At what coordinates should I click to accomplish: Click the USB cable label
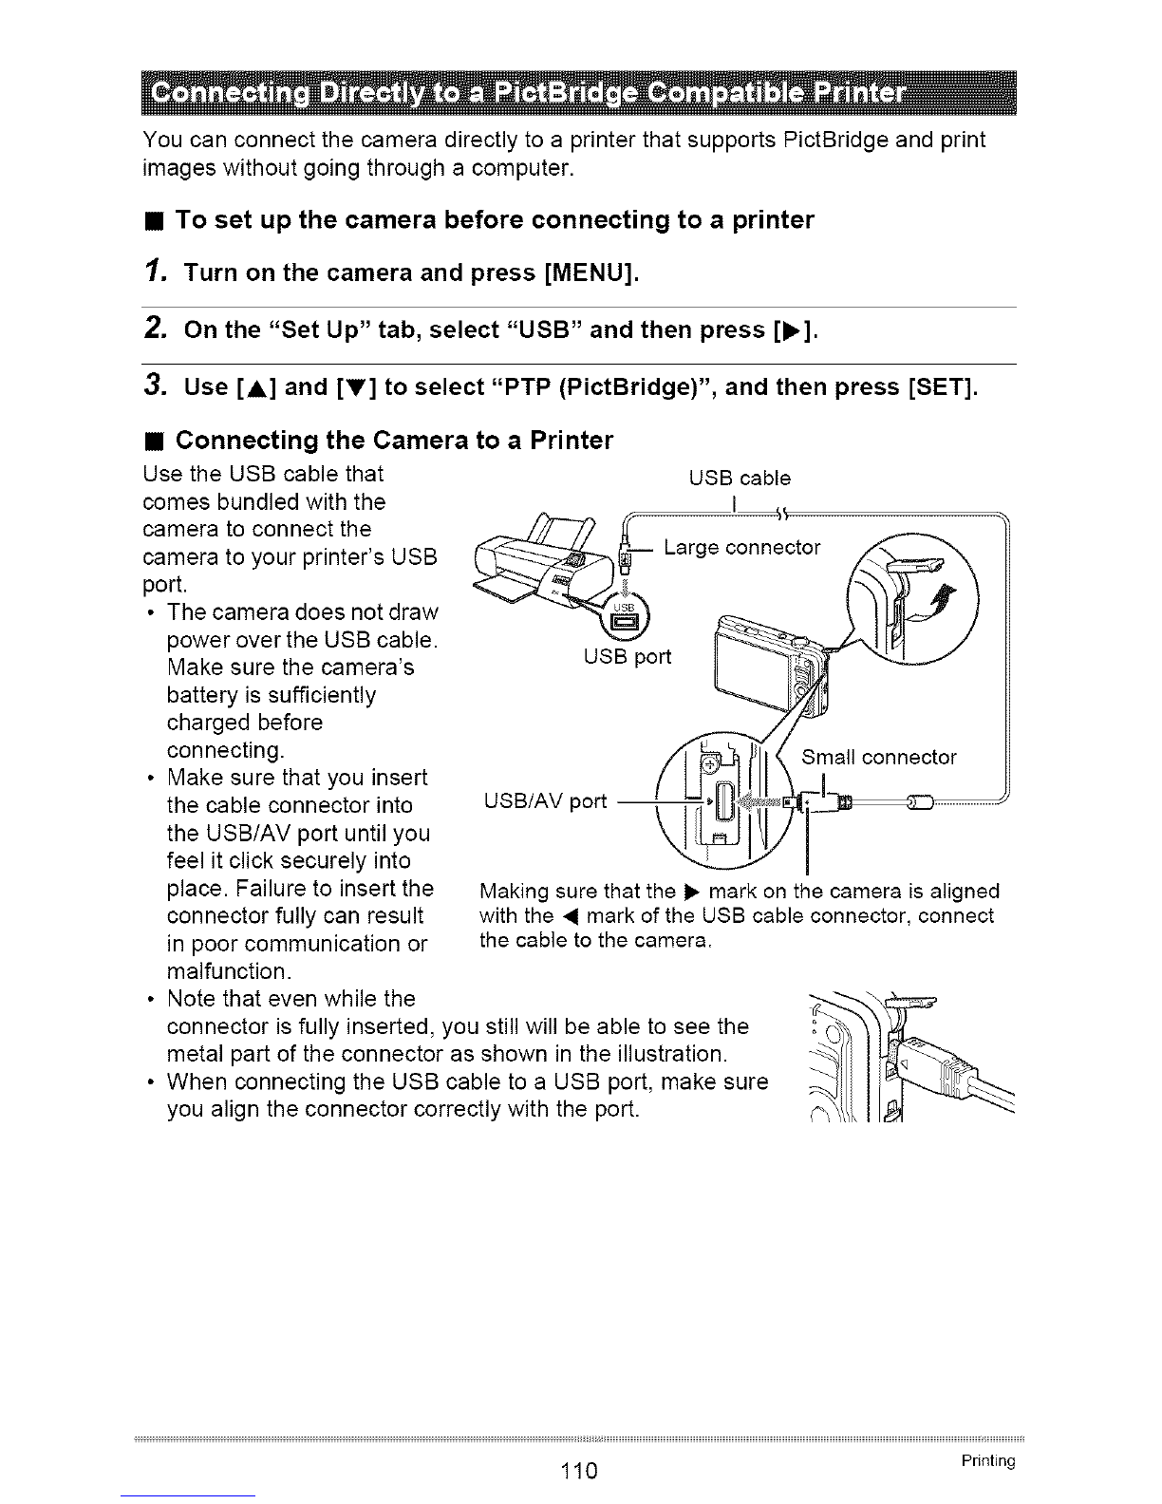(x=740, y=479)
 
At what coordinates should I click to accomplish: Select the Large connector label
(x=741, y=548)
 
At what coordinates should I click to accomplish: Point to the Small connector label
(x=879, y=757)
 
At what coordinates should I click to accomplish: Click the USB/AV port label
(x=545, y=801)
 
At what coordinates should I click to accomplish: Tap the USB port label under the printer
(x=627, y=656)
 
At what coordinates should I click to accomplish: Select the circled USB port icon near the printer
(x=625, y=616)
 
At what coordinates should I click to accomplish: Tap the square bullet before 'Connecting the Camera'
(x=156, y=441)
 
